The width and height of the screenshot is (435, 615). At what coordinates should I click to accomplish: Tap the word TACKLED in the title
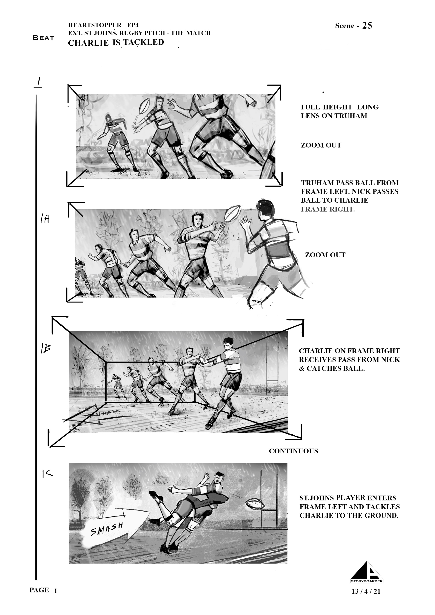[x=144, y=42]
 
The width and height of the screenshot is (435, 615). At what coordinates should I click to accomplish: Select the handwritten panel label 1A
[x=45, y=219]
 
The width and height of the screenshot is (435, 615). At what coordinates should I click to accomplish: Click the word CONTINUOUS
[x=294, y=451]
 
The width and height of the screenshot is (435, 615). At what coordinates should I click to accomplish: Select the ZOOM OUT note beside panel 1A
[x=325, y=255]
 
